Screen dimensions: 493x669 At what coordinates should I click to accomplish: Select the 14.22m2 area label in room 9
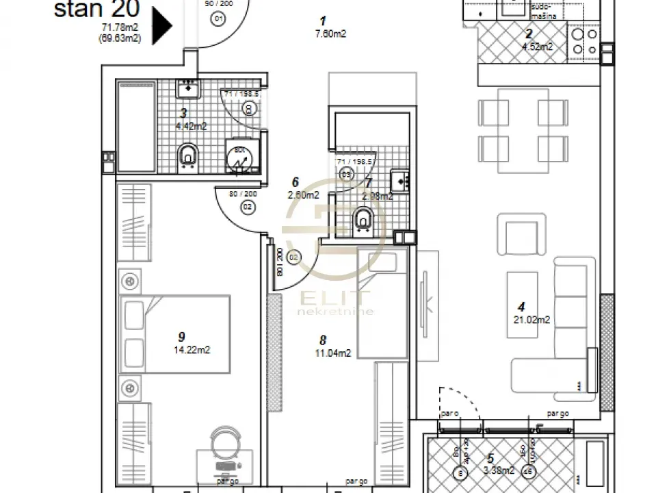pos(192,349)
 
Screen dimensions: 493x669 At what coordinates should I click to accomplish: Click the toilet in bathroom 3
pos(187,156)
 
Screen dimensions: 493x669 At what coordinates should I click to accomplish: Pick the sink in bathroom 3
pos(187,88)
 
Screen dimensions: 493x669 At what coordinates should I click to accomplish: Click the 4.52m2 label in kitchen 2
pos(537,47)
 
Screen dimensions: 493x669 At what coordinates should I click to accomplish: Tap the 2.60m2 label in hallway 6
pos(303,195)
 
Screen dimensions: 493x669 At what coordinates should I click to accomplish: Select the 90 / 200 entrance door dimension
pos(218,3)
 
